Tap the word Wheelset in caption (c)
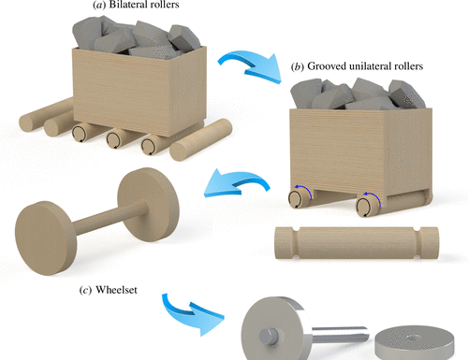point(116,290)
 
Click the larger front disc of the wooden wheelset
point(46,238)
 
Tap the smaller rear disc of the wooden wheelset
point(149,205)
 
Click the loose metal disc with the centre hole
point(415,342)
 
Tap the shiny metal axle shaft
point(340,336)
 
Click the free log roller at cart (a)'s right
point(200,139)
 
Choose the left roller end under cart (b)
point(297,199)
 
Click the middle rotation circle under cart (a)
point(114,139)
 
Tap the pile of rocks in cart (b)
point(358,94)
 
